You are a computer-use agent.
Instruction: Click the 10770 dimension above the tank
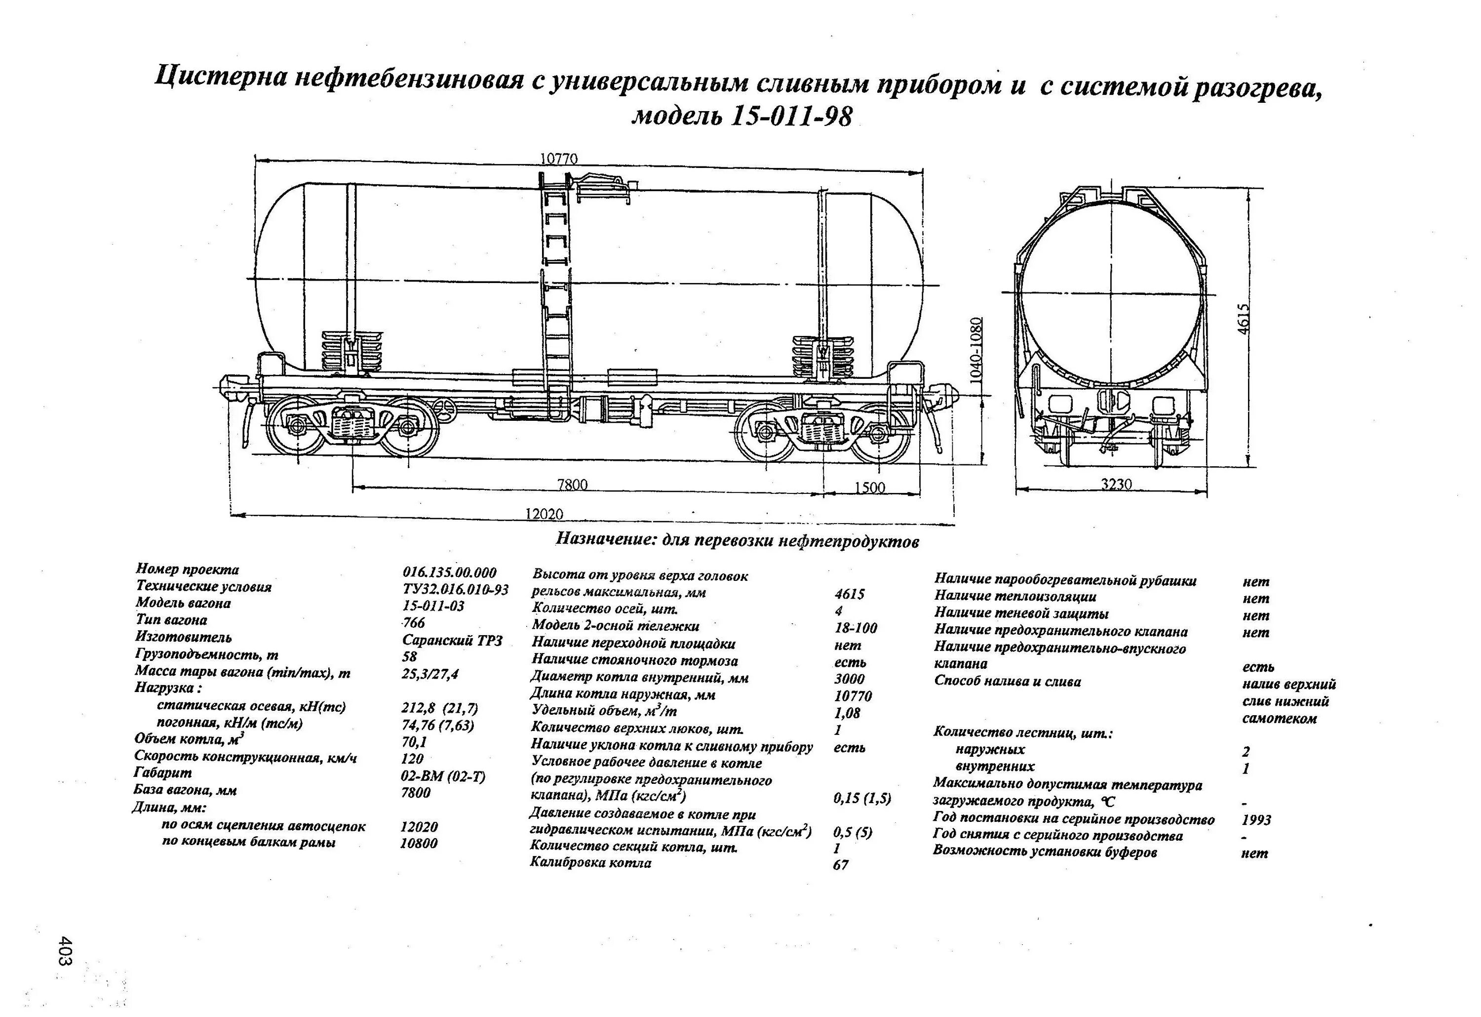click(558, 159)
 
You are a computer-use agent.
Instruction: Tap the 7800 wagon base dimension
click(572, 485)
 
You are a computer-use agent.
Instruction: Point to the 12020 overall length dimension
click(544, 513)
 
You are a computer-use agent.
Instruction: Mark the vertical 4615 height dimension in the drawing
click(1244, 318)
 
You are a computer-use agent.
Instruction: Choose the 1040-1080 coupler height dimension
click(976, 349)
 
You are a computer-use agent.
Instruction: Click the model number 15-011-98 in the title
click(790, 117)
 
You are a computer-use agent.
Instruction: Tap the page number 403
click(66, 950)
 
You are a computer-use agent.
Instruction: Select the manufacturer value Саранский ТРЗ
click(453, 640)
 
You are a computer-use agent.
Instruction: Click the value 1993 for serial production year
click(1256, 819)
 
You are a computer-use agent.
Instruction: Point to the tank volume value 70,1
click(414, 741)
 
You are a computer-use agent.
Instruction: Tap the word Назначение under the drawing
click(605, 539)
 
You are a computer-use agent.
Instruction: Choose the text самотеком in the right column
click(1279, 718)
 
